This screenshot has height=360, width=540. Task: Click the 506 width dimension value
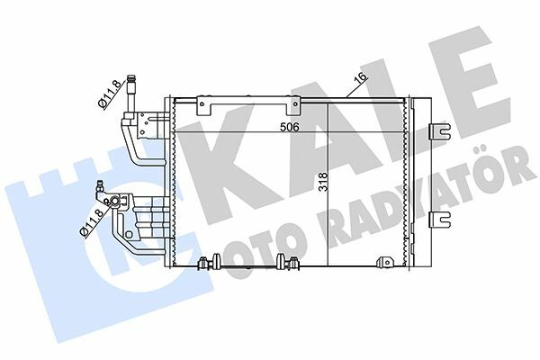pyautogui.click(x=289, y=127)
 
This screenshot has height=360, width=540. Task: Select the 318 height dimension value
pyautogui.click(x=323, y=182)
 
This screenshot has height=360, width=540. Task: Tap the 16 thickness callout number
pyautogui.click(x=361, y=78)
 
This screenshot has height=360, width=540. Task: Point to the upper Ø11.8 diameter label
pyautogui.click(x=110, y=94)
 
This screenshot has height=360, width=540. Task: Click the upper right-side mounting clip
pyautogui.click(x=440, y=130)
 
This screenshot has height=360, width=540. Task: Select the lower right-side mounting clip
pyautogui.click(x=440, y=220)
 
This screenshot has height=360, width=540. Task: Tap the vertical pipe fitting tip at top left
pyautogui.click(x=130, y=78)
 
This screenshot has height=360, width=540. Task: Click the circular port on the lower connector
pyautogui.click(x=114, y=202)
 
